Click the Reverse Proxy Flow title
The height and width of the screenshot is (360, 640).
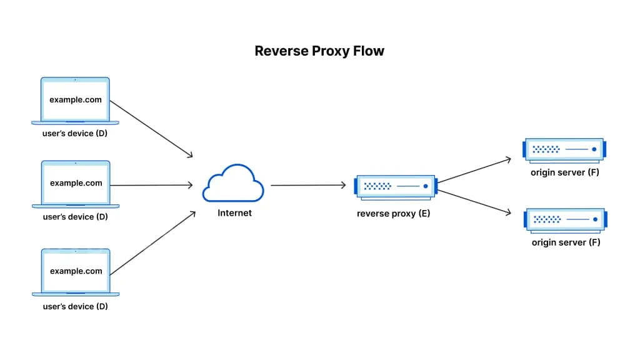tap(319, 51)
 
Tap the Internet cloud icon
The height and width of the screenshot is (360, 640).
tap(233, 183)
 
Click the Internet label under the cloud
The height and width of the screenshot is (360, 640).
tap(234, 213)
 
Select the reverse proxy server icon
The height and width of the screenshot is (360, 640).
tap(394, 186)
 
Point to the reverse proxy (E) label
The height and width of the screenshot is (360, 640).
tap(394, 214)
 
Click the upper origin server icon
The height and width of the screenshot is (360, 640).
tap(564, 149)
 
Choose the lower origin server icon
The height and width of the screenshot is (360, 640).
tap(565, 219)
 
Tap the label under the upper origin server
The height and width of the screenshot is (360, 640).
tap(565, 172)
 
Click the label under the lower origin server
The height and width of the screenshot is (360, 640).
tap(566, 242)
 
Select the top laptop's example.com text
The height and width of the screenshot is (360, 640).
tap(76, 100)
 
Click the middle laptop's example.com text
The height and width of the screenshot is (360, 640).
tap(76, 183)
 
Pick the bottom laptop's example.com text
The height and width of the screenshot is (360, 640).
tap(76, 271)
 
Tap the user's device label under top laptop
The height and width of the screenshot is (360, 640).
tap(76, 134)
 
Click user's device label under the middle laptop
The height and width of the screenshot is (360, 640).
tap(76, 217)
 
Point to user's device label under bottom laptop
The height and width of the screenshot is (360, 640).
tap(76, 306)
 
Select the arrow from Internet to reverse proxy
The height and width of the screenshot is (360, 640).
tap(307, 185)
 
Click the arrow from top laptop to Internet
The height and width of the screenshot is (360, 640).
tap(151, 129)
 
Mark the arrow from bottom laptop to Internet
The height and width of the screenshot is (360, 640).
tap(151, 243)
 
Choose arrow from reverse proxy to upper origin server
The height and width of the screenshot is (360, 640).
tap(474, 170)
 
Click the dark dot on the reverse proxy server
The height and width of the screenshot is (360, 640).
tap(426, 186)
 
